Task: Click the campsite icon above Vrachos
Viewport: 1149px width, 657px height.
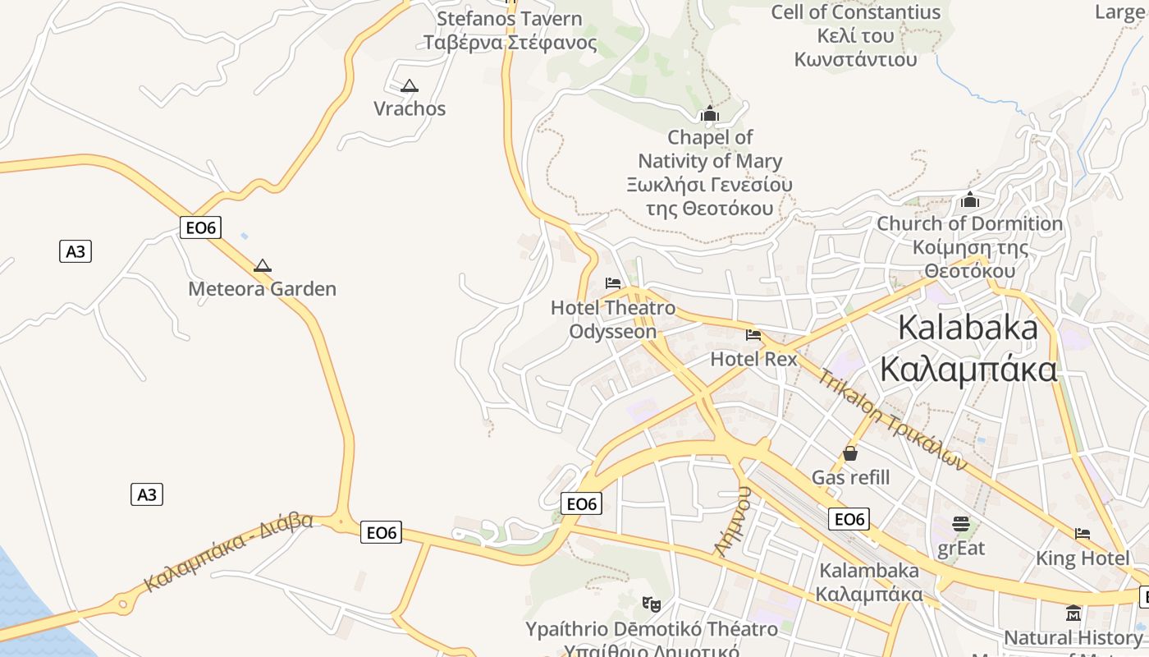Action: pyautogui.click(x=409, y=85)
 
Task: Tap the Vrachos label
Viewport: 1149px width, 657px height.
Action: pyautogui.click(x=410, y=108)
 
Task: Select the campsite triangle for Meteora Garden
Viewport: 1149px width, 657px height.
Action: pyautogui.click(x=262, y=265)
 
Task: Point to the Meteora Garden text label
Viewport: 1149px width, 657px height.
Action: pyautogui.click(x=262, y=289)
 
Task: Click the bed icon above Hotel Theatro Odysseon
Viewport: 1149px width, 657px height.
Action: pyautogui.click(x=613, y=283)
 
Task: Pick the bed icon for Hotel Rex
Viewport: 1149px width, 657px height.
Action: pyautogui.click(x=753, y=335)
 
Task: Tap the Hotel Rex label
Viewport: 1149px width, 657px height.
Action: pyautogui.click(x=753, y=359)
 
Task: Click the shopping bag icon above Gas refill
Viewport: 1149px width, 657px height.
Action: pyautogui.click(x=850, y=453)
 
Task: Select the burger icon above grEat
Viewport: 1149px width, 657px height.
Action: pyautogui.click(x=961, y=523)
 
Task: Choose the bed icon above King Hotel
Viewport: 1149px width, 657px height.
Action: pyautogui.click(x=1083, y=534)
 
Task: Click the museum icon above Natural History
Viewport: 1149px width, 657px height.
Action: pyautogui.click(x=1073, y=613)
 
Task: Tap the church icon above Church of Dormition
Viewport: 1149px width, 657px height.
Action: pyautogui.click(x=970, y=200)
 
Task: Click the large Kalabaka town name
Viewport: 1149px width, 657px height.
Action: pyautogui.click(x=968, y=348)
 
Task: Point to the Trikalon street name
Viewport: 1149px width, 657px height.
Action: pyautogui.click(x=893, y=420)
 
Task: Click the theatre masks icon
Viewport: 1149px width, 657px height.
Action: pyautogui.click(x=652, y=604)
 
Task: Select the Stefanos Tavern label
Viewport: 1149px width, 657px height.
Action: pyautogui.click(x=510, y=30)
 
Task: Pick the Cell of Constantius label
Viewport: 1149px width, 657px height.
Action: pyautogui.click(x=855, y=35)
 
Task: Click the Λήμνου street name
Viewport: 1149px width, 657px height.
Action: pyautogui.click(x=733, y=521)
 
